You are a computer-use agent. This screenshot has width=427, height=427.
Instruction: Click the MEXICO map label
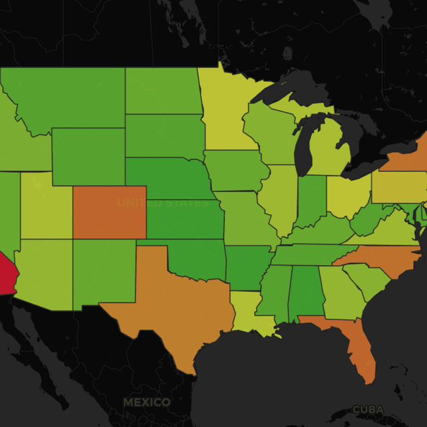tap(146, 403)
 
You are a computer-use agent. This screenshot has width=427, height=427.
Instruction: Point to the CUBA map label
tap(368, 409)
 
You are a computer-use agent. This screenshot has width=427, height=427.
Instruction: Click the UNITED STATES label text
tap(162, 203)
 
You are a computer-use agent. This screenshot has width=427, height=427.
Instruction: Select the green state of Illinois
tap(278, 195)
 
